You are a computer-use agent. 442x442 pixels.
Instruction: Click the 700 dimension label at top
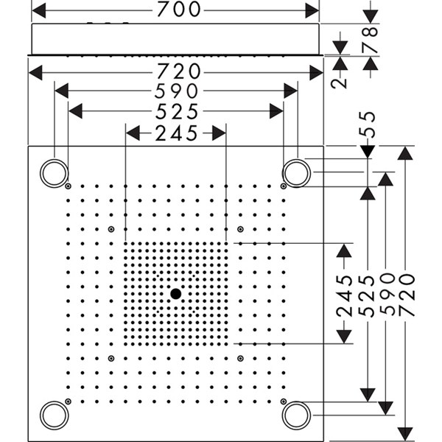pyautogui.click(x=176, y=10)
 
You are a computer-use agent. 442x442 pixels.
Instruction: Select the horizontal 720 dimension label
pyautogui.click(x=176, y=71)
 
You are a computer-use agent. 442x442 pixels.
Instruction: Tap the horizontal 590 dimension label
pyautogui.click(x=176, y=91)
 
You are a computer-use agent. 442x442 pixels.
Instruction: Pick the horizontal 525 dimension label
pyautogui.click(x=176, y=110)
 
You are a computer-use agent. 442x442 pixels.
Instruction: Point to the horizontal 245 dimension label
pyautogui.click(x=176, y=133)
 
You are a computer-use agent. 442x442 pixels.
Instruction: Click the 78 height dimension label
pyautogui.click(x=370, y=41)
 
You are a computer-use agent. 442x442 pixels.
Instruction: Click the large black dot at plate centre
pyautogui.click(x=175, y=294)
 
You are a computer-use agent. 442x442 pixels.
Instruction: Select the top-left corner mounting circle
pyautogui.click(x=53, y=173)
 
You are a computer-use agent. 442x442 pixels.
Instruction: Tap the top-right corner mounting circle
pyautogui.click(x=298, y=173)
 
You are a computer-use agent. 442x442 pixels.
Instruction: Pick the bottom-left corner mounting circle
pyautogui.click(x=53, y=415)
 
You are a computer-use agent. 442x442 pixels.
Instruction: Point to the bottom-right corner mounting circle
pyautogui.click(x=298, y=415)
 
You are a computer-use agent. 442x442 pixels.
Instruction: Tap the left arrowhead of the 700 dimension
pyautogui.click(x=39, y=10)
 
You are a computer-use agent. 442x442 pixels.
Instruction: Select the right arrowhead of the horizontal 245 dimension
pyautogui.click(x=219, y=133)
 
